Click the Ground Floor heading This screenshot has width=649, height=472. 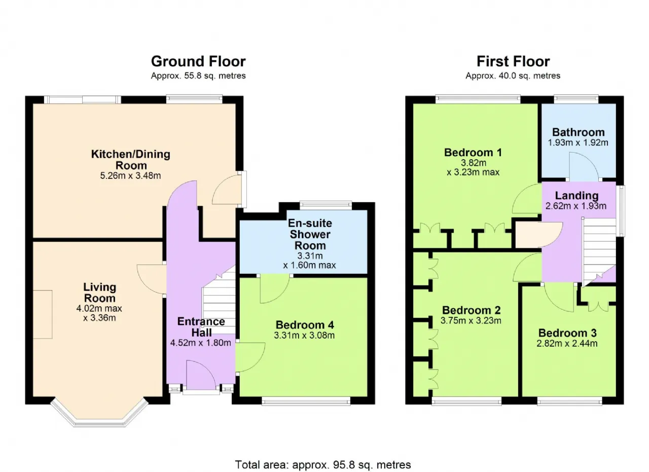point(198,61)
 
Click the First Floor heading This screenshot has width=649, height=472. point(513,61)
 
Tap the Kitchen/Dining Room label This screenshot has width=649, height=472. point(131,160)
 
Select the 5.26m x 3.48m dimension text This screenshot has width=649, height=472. point(130,175)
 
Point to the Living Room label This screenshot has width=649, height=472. point(100,293)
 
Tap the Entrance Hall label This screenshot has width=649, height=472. point(201,327)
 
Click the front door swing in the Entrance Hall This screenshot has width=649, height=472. point(201,375)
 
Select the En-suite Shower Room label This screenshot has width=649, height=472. point(310,234)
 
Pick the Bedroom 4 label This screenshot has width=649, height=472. point(305,325)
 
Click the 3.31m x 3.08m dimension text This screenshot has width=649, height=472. point(304,335)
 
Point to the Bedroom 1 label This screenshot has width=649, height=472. point(473,153)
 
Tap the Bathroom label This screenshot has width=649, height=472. point(579,132)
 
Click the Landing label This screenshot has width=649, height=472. point(576,196)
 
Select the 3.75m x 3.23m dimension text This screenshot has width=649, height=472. point(471,320)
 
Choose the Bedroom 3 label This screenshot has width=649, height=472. point(567,333)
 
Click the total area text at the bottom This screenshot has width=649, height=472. point(323,465)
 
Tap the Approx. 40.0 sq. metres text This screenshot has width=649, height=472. point(513,76)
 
